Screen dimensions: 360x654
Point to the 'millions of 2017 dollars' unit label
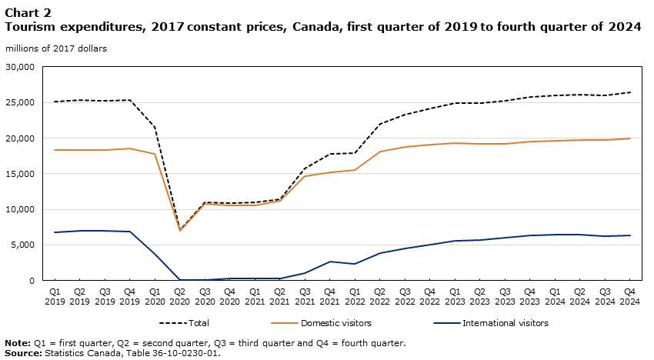coord(56,48)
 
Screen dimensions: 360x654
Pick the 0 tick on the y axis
coord(32,281)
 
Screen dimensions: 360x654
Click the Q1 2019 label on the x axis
coord(55,297)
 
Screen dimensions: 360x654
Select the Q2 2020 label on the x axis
coord(180,297)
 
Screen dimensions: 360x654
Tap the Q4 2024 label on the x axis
coord(630,297)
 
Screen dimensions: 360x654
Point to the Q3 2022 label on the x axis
coord(405,297)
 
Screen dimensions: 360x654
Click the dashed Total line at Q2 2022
coord(380,123)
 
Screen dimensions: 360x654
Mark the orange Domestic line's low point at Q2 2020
coord(180,230)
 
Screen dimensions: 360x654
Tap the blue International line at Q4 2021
coord(330,262)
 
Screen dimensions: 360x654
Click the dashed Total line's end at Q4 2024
coord(630,92)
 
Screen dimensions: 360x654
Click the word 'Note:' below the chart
coord(16,343)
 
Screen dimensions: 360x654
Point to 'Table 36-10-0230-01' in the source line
coord(176,353)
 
